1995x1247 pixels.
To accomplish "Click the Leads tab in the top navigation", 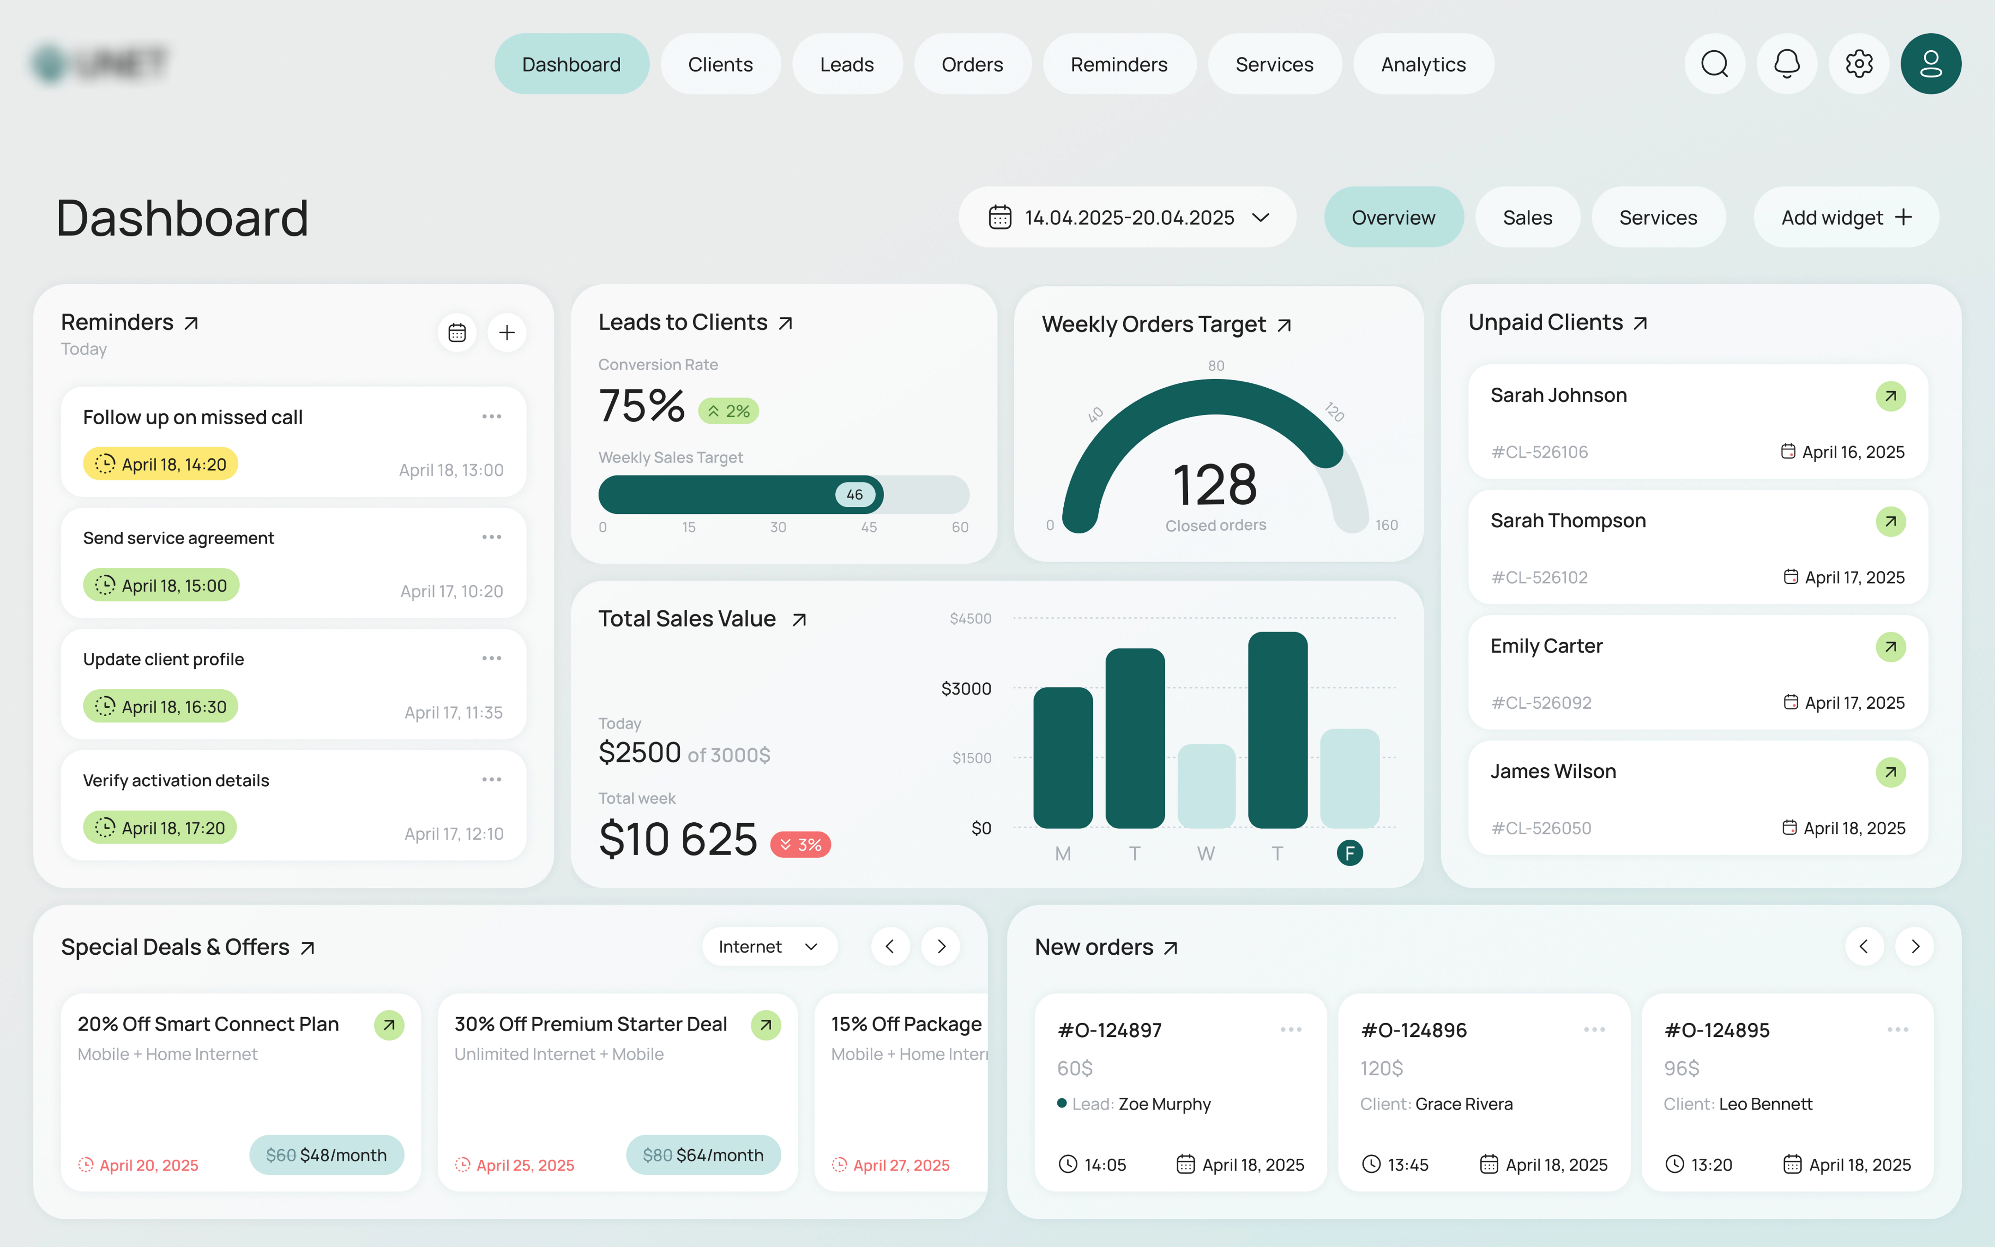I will pos(846,64).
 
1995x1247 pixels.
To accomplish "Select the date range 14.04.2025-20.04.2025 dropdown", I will pos(1127,218).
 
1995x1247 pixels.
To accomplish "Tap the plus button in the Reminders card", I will pos(507,333).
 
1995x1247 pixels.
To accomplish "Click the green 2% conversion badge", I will pos(729,411).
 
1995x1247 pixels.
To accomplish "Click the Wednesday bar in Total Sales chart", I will pos(1206,786).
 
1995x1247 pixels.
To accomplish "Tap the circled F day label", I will pos(1349,853).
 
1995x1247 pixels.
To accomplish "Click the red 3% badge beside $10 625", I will pos(800,844).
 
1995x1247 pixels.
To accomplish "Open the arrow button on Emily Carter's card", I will pos(1890,647).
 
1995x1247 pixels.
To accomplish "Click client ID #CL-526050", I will pos(1541,828).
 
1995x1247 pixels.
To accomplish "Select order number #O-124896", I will pos(1414,1030).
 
